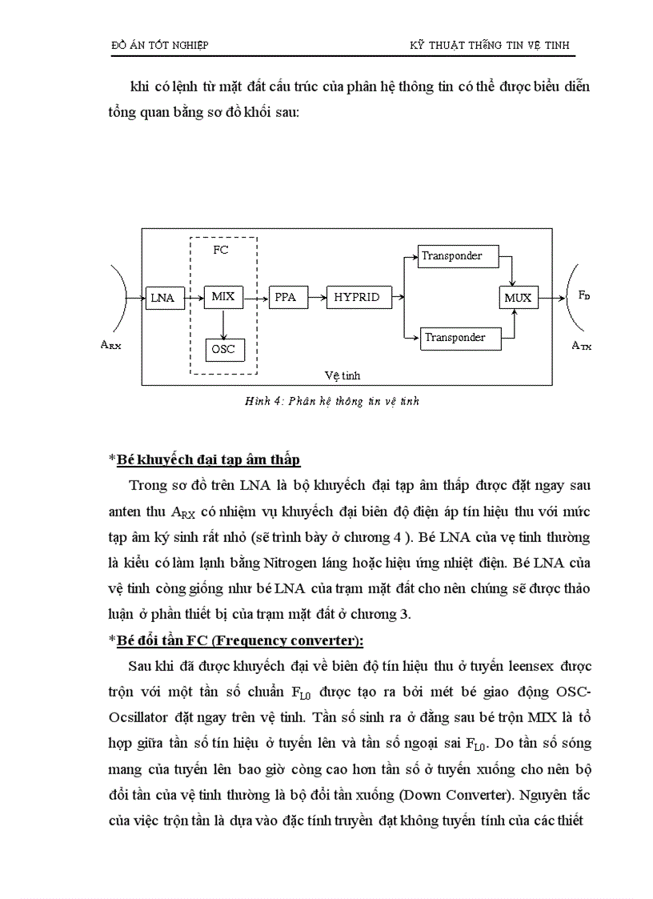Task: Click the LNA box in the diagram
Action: coord(163,298)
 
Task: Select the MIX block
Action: coord(222,297)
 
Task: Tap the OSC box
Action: coord(222,349)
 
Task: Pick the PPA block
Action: coord(285,297)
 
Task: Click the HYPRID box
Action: coord(357,297)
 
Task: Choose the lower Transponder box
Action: coord(461,338)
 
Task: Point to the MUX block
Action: coord(518,298)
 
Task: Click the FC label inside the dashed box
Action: coord(221,251)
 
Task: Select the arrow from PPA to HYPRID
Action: coord(313,297)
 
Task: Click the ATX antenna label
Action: coord(582,346)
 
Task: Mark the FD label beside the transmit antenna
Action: coord(584,295)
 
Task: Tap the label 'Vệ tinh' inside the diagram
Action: coord(343,375)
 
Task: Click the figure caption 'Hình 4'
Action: coord(331,401)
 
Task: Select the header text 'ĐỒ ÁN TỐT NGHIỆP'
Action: coord(159,46)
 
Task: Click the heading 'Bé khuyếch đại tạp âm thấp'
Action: coord(208,460)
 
